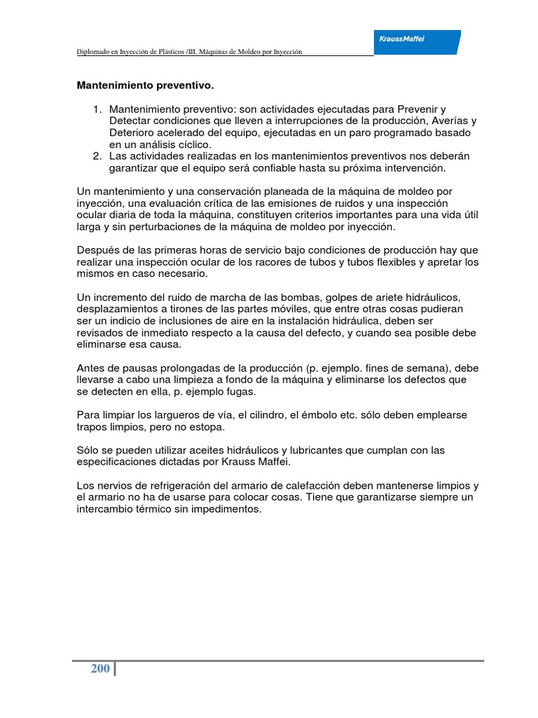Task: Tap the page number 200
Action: click(x=100, y=668)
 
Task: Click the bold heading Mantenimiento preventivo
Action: click(x=144, y=86)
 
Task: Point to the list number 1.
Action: click(x=97, y=109)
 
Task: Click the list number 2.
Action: click(x=97, y=156)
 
